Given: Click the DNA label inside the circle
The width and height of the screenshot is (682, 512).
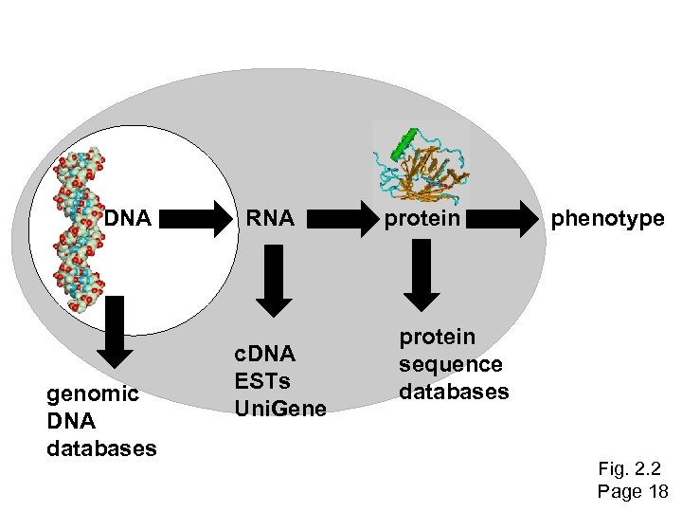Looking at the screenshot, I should pos(128,219).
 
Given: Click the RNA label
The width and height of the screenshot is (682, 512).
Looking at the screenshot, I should pos(270,219).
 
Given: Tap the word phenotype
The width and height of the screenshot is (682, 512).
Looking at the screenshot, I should pos(608,219).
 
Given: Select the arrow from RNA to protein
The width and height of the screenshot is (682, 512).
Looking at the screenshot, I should pos(337,220).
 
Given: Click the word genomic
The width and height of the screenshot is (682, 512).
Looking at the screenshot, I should pos(93,393).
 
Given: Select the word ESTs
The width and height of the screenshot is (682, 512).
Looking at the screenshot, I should pos(265,381).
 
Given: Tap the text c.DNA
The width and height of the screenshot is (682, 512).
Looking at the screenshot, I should pos(266,354).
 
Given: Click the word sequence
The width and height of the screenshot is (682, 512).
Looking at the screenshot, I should pos(450,364).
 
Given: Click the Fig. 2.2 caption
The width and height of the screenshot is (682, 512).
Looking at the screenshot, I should pos(630,468).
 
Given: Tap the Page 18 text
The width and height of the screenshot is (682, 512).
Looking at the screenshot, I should pos(633,491).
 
